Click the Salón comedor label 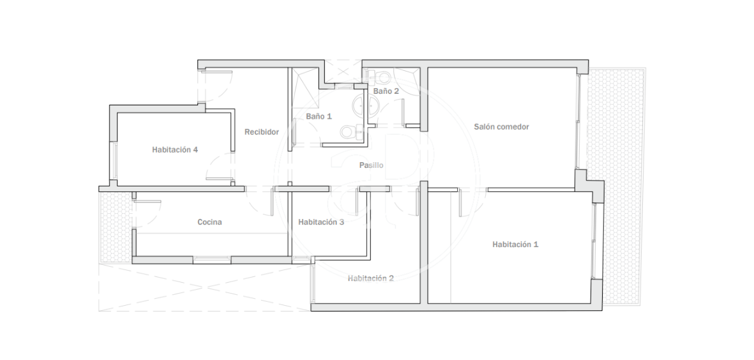501,127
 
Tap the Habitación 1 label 515,244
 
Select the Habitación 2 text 371,278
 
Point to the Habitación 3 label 320,222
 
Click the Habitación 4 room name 174,149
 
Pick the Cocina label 209,222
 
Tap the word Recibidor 262,131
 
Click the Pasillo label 371,165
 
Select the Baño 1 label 319,116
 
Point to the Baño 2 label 386,91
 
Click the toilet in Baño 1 351,131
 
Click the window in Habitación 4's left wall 114,161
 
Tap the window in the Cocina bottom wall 211,260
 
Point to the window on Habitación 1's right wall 594,241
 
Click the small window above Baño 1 343,87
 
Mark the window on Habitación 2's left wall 313,283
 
